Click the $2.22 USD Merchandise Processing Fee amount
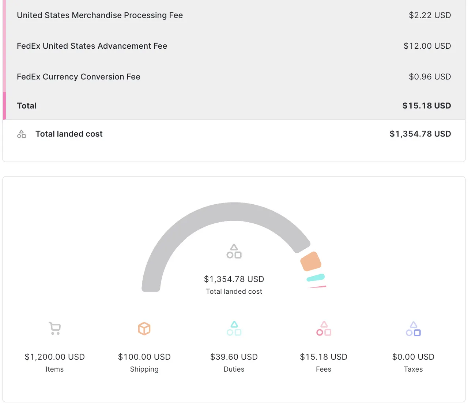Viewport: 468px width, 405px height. click(x=430, y=15)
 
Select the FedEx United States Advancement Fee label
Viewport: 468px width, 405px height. click(x=92, y=46)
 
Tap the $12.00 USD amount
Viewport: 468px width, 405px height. click(x=427, y=46)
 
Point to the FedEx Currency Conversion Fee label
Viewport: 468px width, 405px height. click(x=79, y=77)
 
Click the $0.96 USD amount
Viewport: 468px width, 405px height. click(x=430, y=77)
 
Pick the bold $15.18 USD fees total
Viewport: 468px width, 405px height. click(x=426, y=106)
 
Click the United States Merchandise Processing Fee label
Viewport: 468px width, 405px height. click(x=100, y=15)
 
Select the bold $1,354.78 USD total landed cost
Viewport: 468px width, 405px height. click(x=420, y=134)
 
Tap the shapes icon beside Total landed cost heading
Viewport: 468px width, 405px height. click(x=22, y=134)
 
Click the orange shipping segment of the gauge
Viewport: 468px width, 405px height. click(x=311, y=261)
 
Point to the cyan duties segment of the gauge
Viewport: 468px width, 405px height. click(x=316, y=278)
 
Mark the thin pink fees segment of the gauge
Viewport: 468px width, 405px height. click(x=317, y=287)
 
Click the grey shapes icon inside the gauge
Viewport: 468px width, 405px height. click(x=234, y=252)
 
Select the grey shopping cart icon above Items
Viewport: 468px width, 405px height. click(x=55, y=328)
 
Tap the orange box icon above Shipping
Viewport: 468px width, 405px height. click(x=144, y=328)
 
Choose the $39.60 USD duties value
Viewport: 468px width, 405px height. click(x=234, y=357)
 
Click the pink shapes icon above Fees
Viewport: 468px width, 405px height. click(x=324, y=328)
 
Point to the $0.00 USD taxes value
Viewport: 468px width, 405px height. click(x=413, y=357)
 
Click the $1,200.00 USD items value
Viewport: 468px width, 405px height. click(x=55, y=357)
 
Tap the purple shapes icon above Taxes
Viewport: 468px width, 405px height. click(x=413, y=328)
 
